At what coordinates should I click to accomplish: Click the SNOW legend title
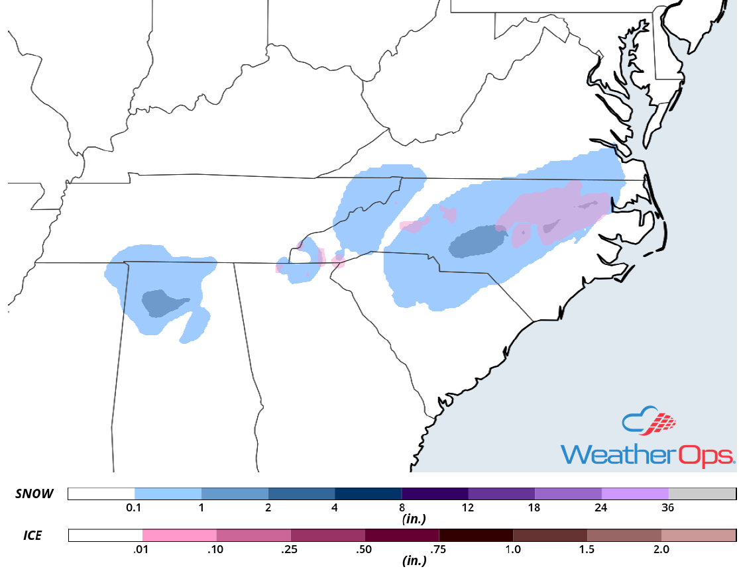tap(34, 494)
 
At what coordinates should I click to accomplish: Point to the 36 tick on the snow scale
tap(669, 508)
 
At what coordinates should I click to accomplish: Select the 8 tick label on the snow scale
tap(402, 508)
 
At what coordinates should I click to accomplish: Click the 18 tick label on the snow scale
tap(535, 508)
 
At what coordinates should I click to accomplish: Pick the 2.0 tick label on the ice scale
tap(661, 549)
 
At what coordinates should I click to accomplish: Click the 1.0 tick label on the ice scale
tap(513, 549)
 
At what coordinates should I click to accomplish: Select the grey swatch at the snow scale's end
tap(702, 494)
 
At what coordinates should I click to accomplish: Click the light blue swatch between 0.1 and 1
tap(168, 494)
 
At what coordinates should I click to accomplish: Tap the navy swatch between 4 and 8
tap(368, 494)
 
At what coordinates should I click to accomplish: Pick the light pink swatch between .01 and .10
tap(180, 535)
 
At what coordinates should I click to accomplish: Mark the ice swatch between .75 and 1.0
tap(476, 535)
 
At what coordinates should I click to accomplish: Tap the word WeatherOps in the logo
tap(648, 455)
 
